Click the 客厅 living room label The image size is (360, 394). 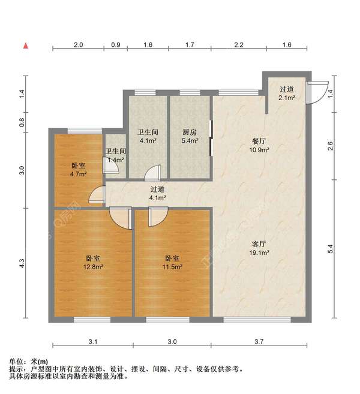pyautogui.click(x=259, y=243)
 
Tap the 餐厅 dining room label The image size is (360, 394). pyautogui.click(x=259, y=142)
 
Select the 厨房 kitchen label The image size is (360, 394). pyautogui.click(x=190, y=133)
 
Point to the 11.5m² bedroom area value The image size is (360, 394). pyautogui.click(x=173, y=267)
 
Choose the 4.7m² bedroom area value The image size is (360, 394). pyautogui.click(x=78, y=175)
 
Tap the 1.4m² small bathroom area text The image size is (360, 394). pyautogui.click(x=115, y=160)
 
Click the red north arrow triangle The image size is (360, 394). pyautogui.click(x=26, y=46)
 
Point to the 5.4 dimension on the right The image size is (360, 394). pyautogui.click(x=329, y=247)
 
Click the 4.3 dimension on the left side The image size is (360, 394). pyautogui.click(x=22, y=263)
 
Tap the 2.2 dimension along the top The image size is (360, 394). pyautogui.click(x=238, y=45)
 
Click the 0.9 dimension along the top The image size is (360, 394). pyautogui.click(x=116, y=45)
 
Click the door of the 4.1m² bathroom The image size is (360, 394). pyautogui.click(x=154, y=173)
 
